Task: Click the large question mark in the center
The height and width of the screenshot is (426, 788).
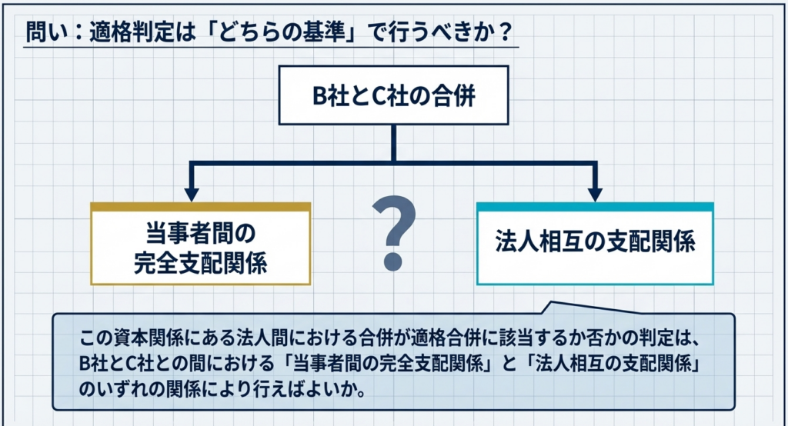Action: click(x=394, y=230)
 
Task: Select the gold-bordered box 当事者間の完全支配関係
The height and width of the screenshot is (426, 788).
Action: click(x=200, y=245)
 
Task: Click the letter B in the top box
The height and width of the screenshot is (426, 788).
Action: click(x=320, y=97)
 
